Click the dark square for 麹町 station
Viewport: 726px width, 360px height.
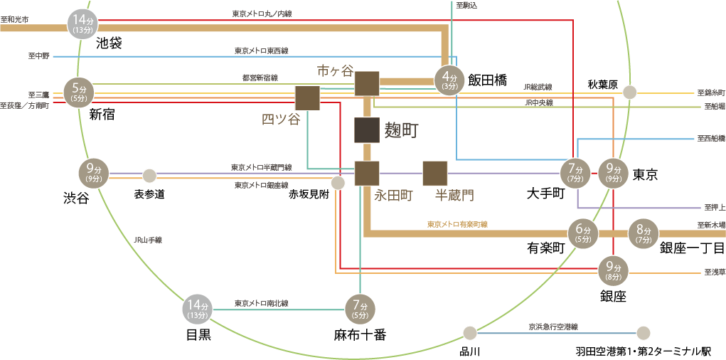coord(367,130)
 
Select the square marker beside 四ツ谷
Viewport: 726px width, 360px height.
coord(307,97)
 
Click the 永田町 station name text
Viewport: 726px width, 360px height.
coord(393,196)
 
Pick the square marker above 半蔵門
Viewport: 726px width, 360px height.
coord(434,174)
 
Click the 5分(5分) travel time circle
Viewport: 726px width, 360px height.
coord(78,93)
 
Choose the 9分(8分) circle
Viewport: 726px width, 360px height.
coord(614,271)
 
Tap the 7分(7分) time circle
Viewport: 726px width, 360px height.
coord(575,174)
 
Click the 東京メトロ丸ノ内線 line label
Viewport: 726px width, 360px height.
coord(262,14)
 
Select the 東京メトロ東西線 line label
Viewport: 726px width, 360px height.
coord(262,51)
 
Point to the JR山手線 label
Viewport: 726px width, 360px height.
coord(148,240)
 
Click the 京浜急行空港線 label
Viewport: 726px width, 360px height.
coord(552,327)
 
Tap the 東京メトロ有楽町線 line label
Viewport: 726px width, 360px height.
coord(457,224)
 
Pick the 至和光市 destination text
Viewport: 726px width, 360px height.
coord(15,19)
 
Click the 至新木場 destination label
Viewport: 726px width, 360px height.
coord(711,225)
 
